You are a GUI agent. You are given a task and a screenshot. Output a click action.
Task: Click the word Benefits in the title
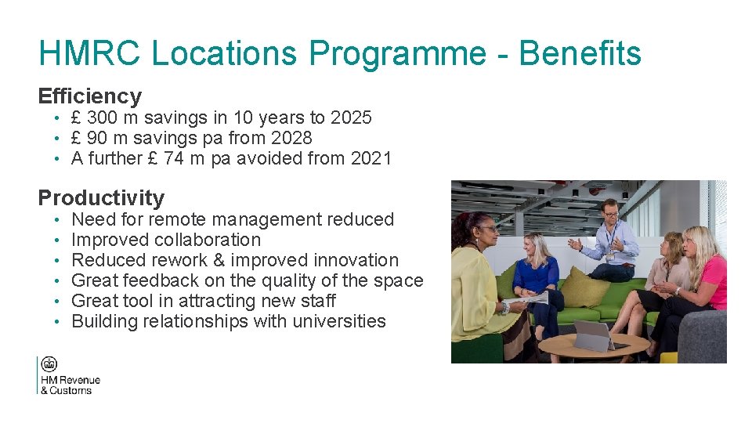coord(580,53)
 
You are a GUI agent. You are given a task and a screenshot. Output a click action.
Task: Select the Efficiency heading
coord(90,96)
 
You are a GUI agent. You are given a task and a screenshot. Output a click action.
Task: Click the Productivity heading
coord(101,197)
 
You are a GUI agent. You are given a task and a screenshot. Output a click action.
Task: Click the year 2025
coord(351,118)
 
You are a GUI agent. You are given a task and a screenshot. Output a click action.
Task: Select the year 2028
coord(291,139)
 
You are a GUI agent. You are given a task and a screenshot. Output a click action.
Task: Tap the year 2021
coord(371,159)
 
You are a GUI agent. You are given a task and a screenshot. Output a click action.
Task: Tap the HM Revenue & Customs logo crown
coord(49,364)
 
